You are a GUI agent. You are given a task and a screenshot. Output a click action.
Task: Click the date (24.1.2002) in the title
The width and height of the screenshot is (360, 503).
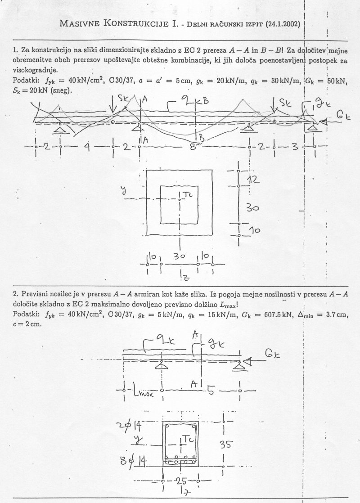[283, 24]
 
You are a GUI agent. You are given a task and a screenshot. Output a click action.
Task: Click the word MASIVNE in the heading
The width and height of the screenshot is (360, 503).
[80, 24]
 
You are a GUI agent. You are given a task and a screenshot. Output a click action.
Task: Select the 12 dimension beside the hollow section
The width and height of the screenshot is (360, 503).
[254, 180]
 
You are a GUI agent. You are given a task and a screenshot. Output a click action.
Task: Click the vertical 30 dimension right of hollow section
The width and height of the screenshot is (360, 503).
[252, 208]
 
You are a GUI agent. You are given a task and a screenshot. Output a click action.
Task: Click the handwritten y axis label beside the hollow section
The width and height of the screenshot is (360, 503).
[123, 191]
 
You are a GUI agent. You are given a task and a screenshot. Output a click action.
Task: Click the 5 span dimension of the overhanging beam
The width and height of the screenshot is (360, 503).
[211, 391]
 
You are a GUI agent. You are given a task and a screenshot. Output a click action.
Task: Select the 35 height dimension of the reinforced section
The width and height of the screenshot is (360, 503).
[226, 445]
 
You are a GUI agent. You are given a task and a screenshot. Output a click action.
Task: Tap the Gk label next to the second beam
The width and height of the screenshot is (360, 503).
[273, 354]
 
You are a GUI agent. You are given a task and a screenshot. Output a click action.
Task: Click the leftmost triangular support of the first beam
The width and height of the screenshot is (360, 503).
[60, 129]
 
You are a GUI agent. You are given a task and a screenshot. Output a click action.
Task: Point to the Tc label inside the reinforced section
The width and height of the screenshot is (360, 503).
[188, 440]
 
